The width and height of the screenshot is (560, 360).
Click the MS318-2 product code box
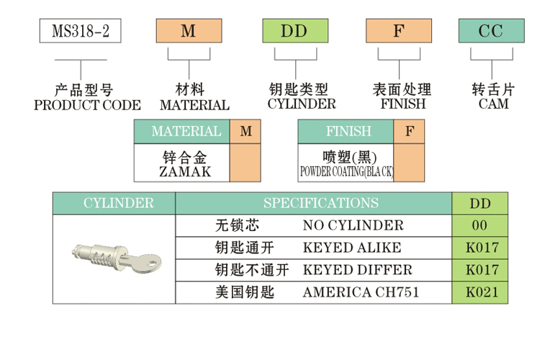[80, 31]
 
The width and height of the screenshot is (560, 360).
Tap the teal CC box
[492, 31]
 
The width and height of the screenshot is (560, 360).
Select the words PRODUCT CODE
[88, 105]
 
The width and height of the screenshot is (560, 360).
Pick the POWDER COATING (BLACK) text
[346, 172]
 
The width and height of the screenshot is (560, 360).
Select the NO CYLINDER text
[353, 225]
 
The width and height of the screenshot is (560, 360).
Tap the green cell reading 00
[479, 225]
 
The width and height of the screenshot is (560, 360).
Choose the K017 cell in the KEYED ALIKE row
[481, 248]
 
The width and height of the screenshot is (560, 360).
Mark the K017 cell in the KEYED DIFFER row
[481, 270]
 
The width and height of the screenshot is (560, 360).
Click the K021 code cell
[481, 293]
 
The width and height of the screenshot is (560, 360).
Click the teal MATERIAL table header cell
[186, 132]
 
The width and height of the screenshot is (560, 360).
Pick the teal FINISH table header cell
[348, 132]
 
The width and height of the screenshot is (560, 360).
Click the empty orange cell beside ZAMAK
[245, 163]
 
